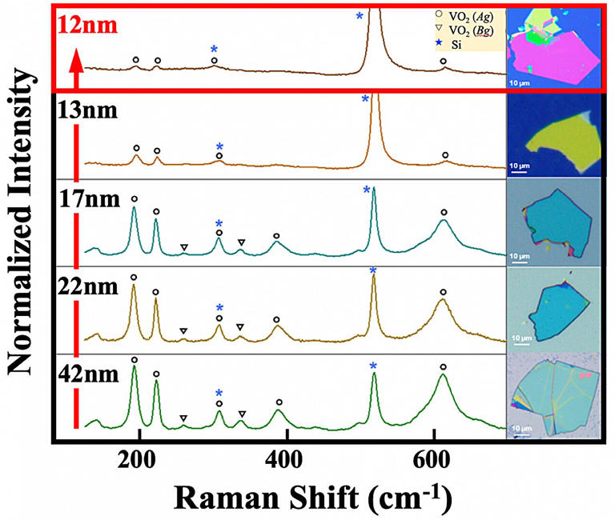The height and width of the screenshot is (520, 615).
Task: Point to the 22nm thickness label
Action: pyautogui.click(x=87, y=285)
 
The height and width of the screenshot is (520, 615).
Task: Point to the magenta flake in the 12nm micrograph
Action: pyautogui.click(x=553, y=56)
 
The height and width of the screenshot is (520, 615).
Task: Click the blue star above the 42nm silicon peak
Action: pyautogui.click(x=373, y=366)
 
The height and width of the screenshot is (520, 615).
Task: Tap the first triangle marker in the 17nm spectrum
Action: pyautogui.click(x=184, y=248)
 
